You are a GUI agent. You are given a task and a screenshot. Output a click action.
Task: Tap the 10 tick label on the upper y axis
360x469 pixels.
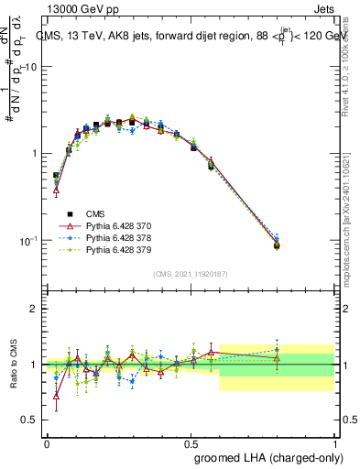click(30, 67)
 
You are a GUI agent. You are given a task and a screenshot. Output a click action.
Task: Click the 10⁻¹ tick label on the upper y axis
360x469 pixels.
click(27, 240)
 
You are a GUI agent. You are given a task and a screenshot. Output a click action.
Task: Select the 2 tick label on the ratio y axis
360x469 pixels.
click(33, 309)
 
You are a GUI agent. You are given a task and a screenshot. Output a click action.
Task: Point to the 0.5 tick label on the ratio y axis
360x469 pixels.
click(28, 420)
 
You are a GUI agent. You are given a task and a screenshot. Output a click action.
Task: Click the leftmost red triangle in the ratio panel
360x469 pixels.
click(56, 396)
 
